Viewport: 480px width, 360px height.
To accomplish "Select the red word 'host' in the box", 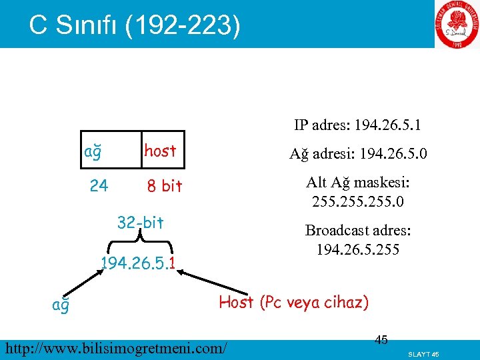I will [x=160, y=151].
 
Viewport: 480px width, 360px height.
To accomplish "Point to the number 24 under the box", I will [x=99, y=186].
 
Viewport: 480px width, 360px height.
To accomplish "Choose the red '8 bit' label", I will [x=165, y=187].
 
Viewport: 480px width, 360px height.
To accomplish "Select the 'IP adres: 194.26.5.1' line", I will [x=358, y=125].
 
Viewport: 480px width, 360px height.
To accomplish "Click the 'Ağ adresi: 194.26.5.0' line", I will [x=358, y=155].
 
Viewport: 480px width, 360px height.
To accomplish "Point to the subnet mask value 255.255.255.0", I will [x=358, y=201].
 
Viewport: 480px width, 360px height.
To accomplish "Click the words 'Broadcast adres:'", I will [x=358, y=231].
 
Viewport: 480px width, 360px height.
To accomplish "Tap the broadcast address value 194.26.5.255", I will [x=358, y=251].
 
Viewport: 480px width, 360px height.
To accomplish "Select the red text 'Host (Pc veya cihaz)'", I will [x=293, y=302].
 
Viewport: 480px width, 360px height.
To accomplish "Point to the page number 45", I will [x=381, y=340].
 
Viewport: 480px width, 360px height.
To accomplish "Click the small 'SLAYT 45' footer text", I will [x=423, y=353].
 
